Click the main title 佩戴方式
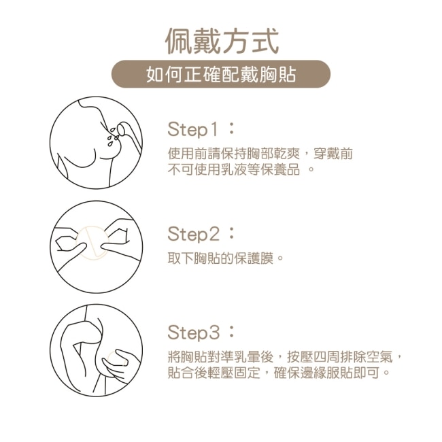click(x=222, y=41)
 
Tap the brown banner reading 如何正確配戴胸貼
click(x=221, y=74)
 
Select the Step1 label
click(x=193, y=130)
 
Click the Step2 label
click(x=193, y=234)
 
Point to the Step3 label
click(x=193, y=333)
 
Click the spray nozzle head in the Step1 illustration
click(x=122, y=129)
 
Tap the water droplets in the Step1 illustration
click(x=112, y=137)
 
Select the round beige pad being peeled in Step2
click(x=92, y=243)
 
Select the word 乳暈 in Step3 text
click(x=248, y=357)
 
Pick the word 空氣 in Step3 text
click(x=379, y=357)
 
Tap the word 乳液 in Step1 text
click(x=235, y=170)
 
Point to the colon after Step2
click(x=231, y=234)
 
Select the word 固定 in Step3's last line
click(x=248, y=373)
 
